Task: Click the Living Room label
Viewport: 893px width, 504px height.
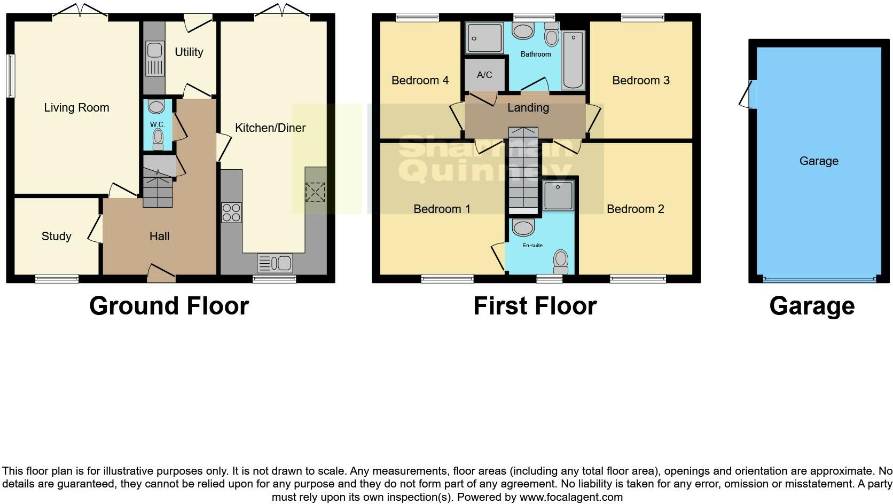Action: point(76,108)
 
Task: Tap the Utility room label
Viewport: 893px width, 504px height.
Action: point(189,52)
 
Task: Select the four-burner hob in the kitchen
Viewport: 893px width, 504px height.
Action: point(231,212)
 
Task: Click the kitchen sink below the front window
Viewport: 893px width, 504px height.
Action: point(275,263)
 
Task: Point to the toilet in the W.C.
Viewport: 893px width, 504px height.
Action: point(158,140)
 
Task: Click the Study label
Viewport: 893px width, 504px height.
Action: point(56,237)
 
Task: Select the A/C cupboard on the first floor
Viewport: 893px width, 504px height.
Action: point(484,75)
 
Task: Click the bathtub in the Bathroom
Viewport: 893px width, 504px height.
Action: point(574,60)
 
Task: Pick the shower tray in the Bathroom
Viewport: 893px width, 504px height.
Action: point(484,38)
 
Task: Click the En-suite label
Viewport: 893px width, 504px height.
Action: point(532,246)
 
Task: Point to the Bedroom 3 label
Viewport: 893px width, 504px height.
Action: point(640,81)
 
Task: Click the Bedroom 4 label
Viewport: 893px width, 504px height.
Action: point(420,81)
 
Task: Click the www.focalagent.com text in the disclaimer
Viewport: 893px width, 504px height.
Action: point(571,497)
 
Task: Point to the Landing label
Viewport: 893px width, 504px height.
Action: point(528,108)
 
